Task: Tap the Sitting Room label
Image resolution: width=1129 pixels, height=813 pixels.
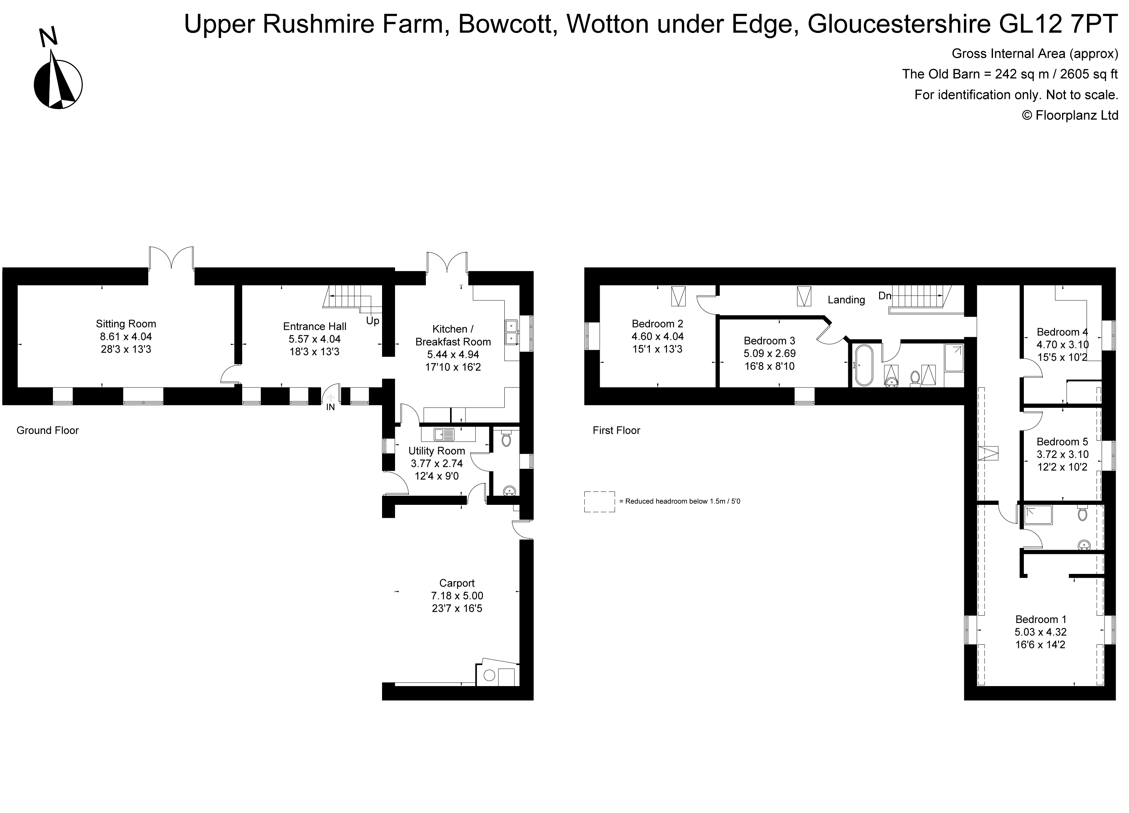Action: click(x=126, y=324)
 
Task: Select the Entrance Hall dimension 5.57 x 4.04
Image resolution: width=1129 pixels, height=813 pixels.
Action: click(x=315, y=339)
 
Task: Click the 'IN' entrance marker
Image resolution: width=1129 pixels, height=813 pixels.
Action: click(x=331, y=407)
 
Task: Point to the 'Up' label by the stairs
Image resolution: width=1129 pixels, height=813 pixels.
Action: click(x=372, y=321)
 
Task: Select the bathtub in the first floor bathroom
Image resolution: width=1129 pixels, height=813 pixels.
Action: click(x=863, y=365)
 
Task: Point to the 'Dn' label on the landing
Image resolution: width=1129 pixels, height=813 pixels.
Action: click(x=885, y=296)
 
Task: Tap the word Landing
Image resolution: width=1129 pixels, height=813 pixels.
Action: click(x=846, y=300)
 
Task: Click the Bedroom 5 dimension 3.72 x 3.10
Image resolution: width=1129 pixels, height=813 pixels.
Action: click(x=1062, y=454)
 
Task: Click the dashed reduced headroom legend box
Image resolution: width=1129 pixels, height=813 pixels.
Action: click(x=599, y=501)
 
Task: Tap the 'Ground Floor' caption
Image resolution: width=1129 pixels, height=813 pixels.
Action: click(x=47, y=430)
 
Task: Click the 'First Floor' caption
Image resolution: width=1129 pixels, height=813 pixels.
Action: click(x=616, y=430)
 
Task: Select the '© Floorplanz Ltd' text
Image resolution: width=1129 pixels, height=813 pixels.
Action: click(x=1070, y=115)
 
